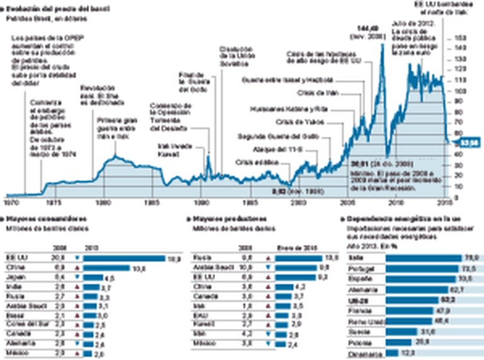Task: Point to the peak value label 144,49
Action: (367, 29)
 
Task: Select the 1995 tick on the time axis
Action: (250, 203)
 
